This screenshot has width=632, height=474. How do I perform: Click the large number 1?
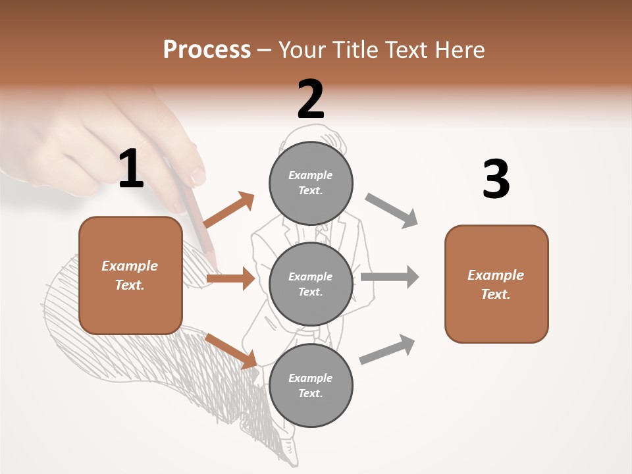coord(131,169)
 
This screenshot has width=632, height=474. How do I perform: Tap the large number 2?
coord(311,99)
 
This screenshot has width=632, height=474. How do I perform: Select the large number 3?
coord(496,179)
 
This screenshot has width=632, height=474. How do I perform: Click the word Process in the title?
coord(207,49)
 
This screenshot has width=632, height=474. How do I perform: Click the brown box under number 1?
coord(130,275)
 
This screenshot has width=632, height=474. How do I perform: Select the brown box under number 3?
coord(496,284)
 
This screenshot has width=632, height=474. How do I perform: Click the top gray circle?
coord(311,183)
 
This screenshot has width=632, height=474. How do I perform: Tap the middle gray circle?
coord(311,284)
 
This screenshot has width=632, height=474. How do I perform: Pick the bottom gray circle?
coord(311,385)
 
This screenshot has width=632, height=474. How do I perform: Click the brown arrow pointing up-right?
coord(229,209)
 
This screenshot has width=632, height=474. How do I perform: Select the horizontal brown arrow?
coord(230,278)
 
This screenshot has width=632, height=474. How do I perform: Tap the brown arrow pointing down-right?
coord(231,351)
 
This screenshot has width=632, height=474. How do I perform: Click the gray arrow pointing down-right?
coord(392,210)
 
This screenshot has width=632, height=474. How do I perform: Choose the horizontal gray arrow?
coord(390,276)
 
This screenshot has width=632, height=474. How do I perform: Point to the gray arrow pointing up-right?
coord(388,349)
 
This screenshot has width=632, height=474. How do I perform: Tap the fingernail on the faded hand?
coord(197,176)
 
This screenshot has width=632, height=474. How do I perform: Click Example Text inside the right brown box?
coord(496,284)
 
